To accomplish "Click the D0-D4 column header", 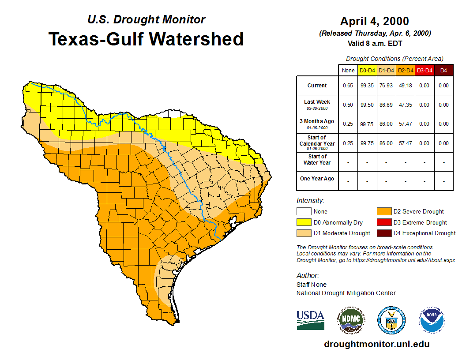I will pos(367,70).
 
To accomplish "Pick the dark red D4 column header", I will pos(443,70).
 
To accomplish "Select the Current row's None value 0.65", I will pos(348,86).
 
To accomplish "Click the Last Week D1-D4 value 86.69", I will pos(386,105).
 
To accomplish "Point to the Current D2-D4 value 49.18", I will pos(405,86).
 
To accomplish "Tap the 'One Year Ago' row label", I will pos(317,179).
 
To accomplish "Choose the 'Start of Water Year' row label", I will pos(317,160).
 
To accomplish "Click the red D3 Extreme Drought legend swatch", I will pos(383,222).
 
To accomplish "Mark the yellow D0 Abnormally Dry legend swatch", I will pos(304,222).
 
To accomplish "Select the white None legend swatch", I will pos(304,212).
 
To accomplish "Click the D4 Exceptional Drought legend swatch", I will pos(383,233).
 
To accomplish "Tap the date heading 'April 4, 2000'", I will pos(375,21).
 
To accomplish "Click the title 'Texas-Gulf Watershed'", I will pos(146,39).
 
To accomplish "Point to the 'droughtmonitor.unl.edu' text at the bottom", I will pos(376,344).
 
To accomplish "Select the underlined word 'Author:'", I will pos(308,276).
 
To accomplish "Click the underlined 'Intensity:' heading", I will pos(311,201).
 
